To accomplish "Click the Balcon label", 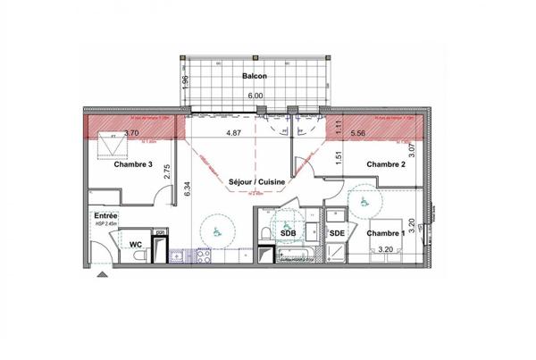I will click(x=254, y=77).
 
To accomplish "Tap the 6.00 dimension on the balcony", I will click(x=255, y=94).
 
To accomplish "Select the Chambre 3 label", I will click(x=133, y=164).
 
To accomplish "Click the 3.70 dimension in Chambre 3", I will click(x=131, y=133).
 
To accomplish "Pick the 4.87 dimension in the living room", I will click(x=233, y=133).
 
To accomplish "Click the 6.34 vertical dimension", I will click(x=188, y=188).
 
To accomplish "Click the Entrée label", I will click(x=106, y=216).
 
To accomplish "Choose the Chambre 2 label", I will click(x=386, y=164).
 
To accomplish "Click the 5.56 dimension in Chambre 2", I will click(x=359, y=133).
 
